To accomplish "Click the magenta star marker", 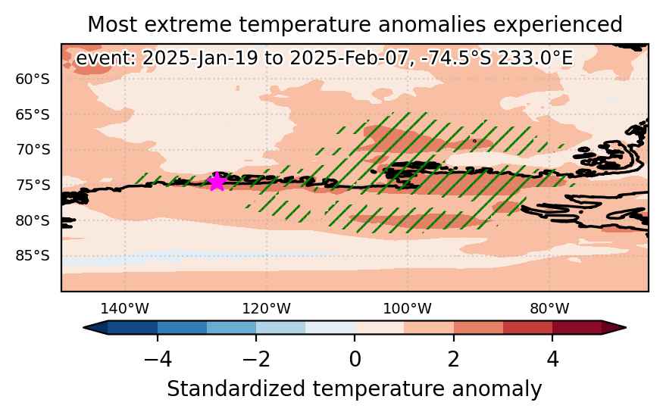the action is [217, 181].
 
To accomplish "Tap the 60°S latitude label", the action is [32, 79].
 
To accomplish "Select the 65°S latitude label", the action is [32, 114].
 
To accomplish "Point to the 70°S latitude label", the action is [32, 150].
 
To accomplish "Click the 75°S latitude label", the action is [32, 185].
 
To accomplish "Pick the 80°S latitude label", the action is [32, 220].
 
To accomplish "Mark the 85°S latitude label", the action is [32, 256].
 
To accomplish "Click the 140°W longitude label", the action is [125, 309].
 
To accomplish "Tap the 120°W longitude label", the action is [267, 309].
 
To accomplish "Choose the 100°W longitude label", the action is [408, 309].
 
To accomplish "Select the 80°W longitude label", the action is [549, 309].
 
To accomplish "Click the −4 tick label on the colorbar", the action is [158, 360].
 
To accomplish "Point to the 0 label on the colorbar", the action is [355, 360].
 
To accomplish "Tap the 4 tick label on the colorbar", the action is [552, 360].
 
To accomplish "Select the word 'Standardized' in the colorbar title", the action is [236, 388].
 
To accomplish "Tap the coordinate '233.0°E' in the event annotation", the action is [535, 58].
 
